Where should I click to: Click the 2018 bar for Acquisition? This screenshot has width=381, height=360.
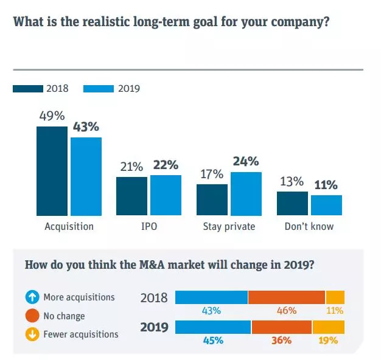[x=52, y=171]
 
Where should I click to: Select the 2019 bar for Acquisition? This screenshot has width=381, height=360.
[x=86, y=176]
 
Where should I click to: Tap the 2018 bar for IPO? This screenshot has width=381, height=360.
[x=131, y=196]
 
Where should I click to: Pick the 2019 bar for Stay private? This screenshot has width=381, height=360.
[x=245, y=193]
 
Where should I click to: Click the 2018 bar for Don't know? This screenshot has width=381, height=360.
[x=292, y=203]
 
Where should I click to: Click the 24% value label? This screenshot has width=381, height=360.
[x=245, y=162]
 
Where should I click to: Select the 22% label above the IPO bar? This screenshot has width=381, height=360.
[x=166, y=165]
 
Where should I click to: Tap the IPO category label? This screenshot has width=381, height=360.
[x=149, y=227]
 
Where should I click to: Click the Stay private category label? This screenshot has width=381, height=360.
[x=228, y=227]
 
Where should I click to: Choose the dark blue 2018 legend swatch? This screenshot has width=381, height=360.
[x=27, y=89]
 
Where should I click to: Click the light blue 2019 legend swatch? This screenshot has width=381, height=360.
[x=98, y=89]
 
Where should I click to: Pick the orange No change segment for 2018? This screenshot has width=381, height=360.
[x=287, y=297]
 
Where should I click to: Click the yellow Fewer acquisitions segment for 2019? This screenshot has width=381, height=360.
[x=329, y=327]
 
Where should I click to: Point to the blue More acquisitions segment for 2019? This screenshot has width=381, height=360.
[x=213, y=327]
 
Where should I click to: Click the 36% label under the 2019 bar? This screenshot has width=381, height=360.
[x=281, y=341]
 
